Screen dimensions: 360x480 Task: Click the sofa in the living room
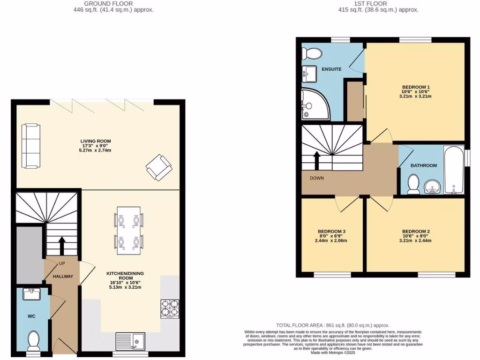tap(31, 146)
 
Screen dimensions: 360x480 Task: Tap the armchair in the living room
tap(158, 167)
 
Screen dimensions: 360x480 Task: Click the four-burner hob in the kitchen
tap(170, 308)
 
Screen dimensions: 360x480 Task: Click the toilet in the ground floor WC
tap(34, 340)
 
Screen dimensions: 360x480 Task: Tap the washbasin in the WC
tap(33, 294)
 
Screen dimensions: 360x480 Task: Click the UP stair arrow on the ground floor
tap(61, 246)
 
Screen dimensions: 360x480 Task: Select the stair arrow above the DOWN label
tap(317, 160)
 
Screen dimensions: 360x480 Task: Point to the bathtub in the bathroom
tap(453, 169)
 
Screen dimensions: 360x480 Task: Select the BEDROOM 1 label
tap(416, 87)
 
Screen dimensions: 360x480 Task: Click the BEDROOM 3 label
tap(331, 232)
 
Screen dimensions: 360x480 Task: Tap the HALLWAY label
tap(62, 277)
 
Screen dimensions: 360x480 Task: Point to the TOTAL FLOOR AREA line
tap(333, 325)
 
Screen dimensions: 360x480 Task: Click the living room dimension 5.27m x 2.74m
tap(95, 151)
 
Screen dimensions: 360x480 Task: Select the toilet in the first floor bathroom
tap(413, 184)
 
